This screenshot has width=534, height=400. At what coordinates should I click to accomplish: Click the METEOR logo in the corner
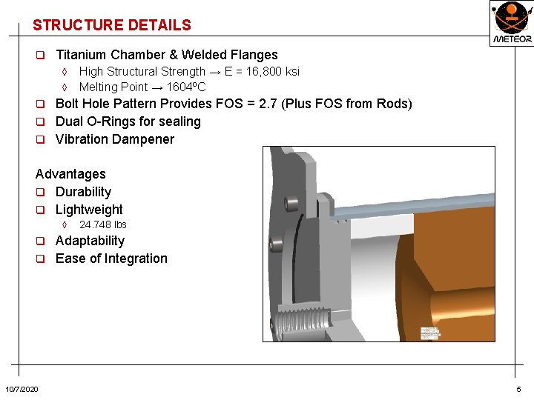(x=511, y=22)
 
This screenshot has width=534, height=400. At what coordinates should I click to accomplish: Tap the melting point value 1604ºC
(x=186, y=87)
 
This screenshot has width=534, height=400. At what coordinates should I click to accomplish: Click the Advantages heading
(x=70, y=174)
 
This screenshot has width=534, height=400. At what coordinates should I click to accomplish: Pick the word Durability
(x=83, y=192)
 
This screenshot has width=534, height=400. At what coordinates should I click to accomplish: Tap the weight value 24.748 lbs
(x=102, y=224)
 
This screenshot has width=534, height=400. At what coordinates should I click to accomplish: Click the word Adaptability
(x=90, y=241)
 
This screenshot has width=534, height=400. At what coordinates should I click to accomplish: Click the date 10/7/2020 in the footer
(x=22, y=390)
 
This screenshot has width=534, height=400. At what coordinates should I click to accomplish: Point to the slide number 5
(x=518, y=390)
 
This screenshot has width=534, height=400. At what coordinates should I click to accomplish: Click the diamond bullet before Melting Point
(x=65, y=87)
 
